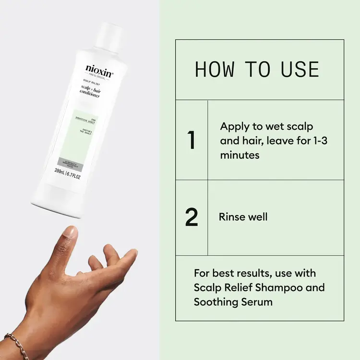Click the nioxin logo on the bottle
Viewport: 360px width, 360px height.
coord(99,69)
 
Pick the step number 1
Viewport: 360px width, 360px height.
coord(192,140)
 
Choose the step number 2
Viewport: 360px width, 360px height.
coord(192,217)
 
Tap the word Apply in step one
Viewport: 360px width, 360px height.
coord(234,127)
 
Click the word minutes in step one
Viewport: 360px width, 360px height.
coord(240,156)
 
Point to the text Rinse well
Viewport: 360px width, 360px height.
coord(243,217)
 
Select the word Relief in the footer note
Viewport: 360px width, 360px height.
coord(235,288)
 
